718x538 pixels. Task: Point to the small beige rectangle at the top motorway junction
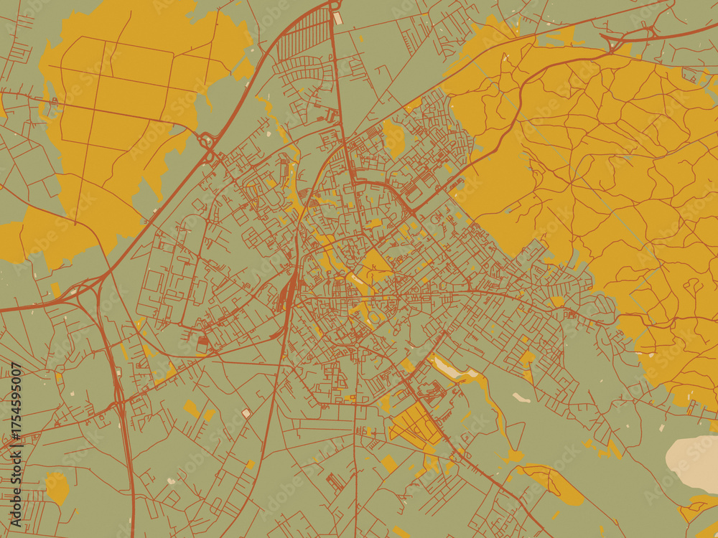[x=337, y=18]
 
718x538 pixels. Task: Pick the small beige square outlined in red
[x=246, y=413]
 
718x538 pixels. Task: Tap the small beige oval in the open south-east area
[x=521, y=397]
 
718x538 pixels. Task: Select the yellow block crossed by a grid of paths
[x=415, y=423]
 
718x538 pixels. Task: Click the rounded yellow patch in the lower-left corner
[x=57, y=488]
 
